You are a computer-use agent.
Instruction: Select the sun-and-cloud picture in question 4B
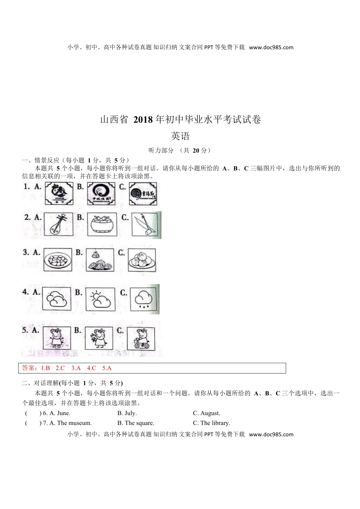(100, 299)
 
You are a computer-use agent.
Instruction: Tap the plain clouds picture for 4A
(56, 299)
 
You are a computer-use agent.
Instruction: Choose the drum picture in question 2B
(102, 224)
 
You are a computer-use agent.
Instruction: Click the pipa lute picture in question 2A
(58, 224)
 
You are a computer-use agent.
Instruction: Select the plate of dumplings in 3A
(58, 260)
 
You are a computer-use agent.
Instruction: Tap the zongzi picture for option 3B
(100, 260)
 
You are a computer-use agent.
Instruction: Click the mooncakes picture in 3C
(142, 260)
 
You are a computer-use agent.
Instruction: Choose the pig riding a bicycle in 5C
(141, 338)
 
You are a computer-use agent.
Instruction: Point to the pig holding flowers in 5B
(99, 338)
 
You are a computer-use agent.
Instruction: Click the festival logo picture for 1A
(59, 194)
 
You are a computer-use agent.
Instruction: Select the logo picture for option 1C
(143, 194)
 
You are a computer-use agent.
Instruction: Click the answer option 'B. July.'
(127, 413)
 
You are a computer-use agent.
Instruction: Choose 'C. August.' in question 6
(207, 413)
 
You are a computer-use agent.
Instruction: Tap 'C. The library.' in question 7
(211, 423)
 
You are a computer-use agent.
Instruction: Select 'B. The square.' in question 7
(136, 423)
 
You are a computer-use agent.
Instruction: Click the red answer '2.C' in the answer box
(60, 368)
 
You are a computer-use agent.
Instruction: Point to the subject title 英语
(180, 136)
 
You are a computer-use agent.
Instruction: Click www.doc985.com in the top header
(271, 47)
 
